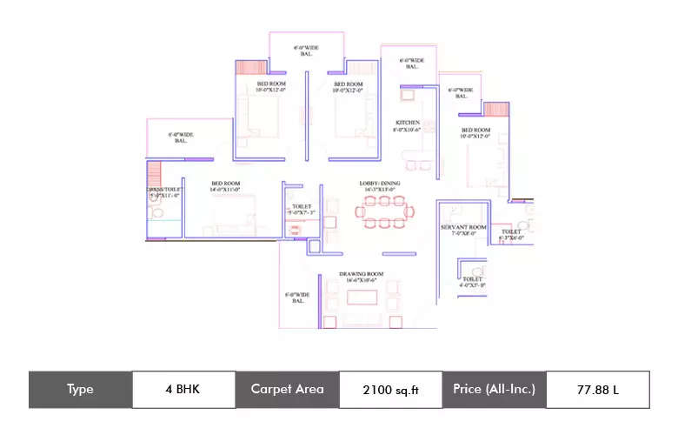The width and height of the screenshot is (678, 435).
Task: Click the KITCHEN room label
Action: point(408,123)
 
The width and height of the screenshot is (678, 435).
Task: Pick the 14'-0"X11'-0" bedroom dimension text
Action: point(225,190)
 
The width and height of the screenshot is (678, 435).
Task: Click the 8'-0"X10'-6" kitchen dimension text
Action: point(408,130)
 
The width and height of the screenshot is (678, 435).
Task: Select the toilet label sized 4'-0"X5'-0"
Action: point(472,284)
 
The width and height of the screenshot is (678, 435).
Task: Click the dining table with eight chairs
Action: point(383,211)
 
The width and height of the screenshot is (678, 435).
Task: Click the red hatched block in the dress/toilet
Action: point(154,171)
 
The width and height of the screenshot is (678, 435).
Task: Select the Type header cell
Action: point(80,389)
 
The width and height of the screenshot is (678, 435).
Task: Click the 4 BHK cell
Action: point(183,389)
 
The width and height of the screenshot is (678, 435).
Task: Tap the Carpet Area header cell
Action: point(287,389)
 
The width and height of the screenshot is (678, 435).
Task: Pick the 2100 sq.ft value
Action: point(390,390)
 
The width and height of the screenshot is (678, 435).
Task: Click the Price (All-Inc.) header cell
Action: point(494,389)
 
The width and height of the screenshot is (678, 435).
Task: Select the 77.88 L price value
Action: point(597,390)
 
